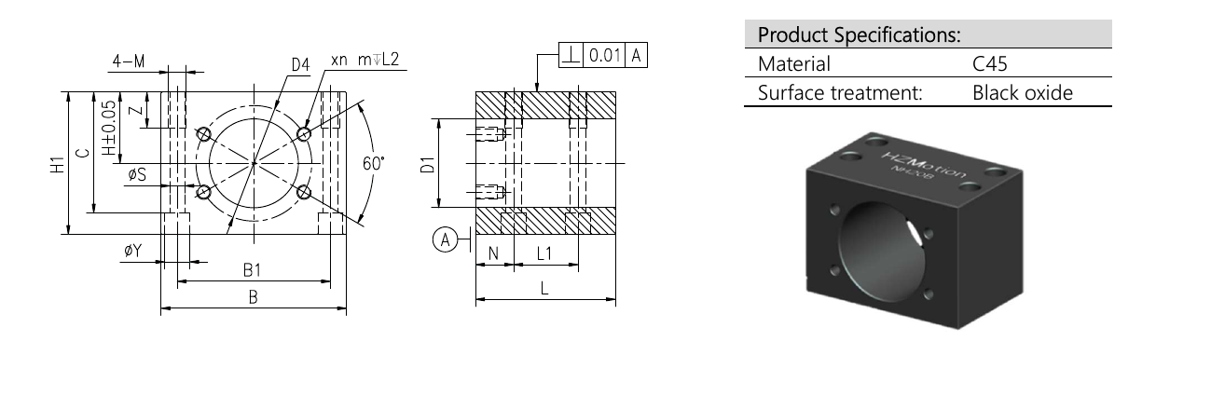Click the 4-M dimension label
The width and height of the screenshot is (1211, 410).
(x=129, y=61)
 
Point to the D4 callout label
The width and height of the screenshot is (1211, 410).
(x=300, y=65)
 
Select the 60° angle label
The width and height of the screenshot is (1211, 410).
(x=374, y=163)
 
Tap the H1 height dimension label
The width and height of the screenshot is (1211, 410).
(x=57, y=164)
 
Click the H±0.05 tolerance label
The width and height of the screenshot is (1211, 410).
(x=109, y=128)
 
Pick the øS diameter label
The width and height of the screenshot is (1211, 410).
(x=137, y=174)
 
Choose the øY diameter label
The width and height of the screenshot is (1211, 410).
(x=133, y=251)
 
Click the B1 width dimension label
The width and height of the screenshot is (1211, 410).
(x=252, y=270)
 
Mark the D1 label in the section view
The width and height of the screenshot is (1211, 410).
(x=427, y=164)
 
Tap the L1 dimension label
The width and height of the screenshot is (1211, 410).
(x=544, y=253)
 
